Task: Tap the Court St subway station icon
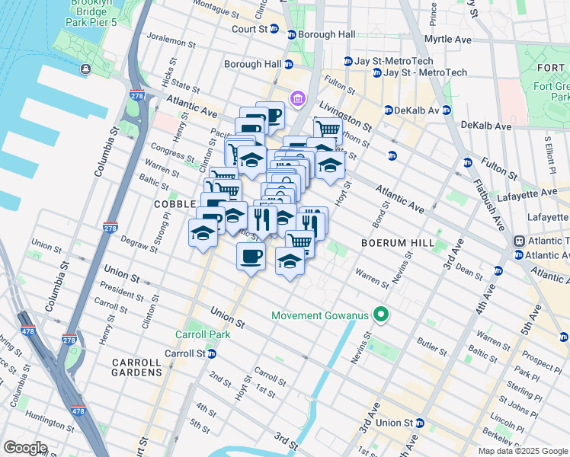pos(291,34)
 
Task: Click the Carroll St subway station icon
pos(212,353)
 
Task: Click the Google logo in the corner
pos(25,448)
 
